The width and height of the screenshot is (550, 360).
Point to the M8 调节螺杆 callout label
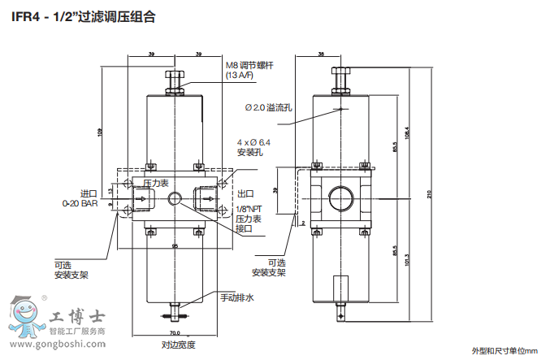coord(252,66)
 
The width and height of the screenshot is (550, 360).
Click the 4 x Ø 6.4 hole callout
coord(253,142)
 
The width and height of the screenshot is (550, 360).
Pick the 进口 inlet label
coord(89,193)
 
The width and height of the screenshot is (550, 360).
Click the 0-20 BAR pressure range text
coord(81,204)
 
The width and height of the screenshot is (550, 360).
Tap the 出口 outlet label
coord(245,193)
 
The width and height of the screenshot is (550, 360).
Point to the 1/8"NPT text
coord(248,210)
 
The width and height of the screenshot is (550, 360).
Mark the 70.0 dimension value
coord(174,333)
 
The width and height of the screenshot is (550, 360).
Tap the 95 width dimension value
coord(174,245)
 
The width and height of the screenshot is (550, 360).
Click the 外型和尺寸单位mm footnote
coord(505,350)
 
